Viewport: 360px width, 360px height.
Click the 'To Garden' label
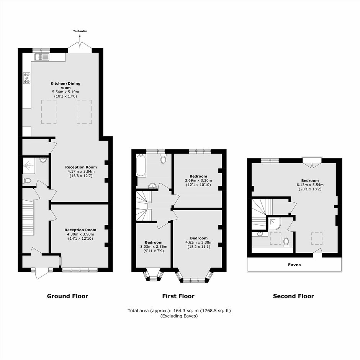(80, 31)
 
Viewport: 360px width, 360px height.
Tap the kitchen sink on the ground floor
(42, 57)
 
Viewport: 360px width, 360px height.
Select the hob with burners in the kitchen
(27, 78)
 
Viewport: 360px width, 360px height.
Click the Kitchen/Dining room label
(65, 85)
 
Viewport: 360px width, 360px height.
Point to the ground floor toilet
(27, 181)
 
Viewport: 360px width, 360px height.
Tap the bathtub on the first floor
(141, 166)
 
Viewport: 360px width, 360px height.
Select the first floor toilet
(163, 159)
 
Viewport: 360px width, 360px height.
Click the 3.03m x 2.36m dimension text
(154, 247)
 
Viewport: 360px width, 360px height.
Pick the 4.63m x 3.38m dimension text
(199, 242)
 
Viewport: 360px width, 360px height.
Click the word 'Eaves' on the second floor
(295, 265)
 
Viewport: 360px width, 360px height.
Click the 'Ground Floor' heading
(67, 296)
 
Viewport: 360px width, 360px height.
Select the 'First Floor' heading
(178, 296)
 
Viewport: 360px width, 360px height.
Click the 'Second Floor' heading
(293, 296)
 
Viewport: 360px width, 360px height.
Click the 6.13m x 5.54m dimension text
(310, 185)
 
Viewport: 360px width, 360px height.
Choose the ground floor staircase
(28, 218)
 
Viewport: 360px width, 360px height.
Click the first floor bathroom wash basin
(152, 185)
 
